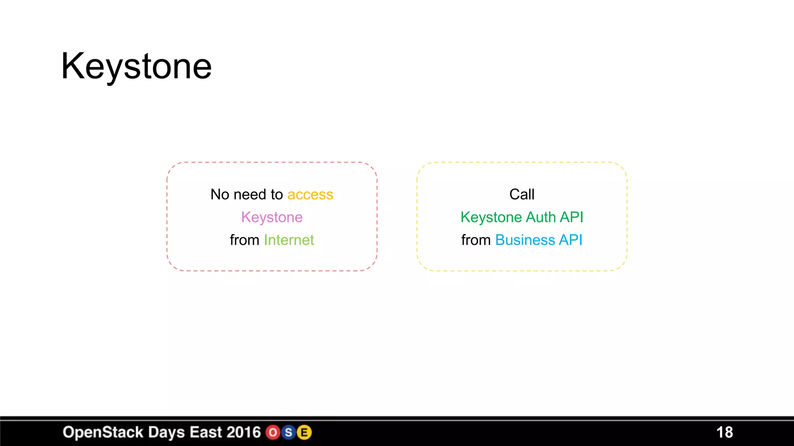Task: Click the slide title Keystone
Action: pos(136,67)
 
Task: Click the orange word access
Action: pos(310,194)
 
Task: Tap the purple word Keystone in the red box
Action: pos(272,217)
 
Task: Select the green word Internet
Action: pos(289,240)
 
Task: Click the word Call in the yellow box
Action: pos(522,194)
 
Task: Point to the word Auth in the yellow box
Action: pos(541,217)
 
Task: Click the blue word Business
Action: pos(525,240)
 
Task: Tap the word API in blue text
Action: pos(571,240)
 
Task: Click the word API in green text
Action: pos(571,217)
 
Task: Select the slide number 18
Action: pos(724,432)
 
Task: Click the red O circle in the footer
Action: pos(273,432)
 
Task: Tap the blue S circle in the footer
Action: pos(288,432)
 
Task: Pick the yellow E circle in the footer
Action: pos(304,432)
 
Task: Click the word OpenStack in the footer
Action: pos(103,432)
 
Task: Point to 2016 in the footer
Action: pos(243,432)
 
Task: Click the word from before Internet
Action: pos(244,240)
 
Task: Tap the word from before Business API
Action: pos(476,240)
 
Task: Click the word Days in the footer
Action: pos(167,432)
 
